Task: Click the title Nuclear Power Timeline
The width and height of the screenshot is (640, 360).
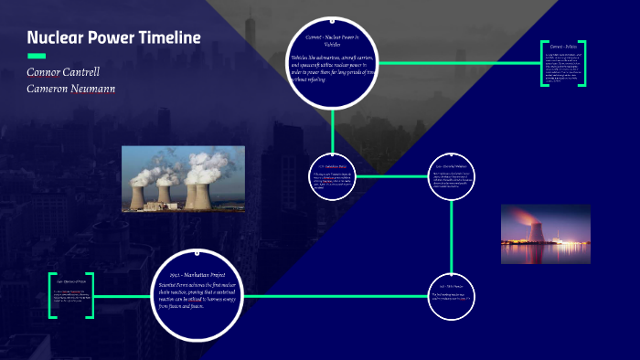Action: coord(113,37)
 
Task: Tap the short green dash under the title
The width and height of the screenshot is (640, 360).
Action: coord(37,56)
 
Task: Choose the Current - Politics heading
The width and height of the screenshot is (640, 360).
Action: coord(561,45)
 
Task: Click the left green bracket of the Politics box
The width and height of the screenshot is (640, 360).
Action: coord(542,63)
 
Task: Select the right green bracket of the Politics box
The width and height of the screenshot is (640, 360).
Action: coord(581,63)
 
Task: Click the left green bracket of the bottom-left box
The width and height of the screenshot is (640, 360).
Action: coord(51,295)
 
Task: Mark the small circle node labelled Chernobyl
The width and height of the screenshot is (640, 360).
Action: coord(452,175)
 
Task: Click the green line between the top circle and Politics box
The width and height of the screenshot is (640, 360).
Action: coord(457,63)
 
